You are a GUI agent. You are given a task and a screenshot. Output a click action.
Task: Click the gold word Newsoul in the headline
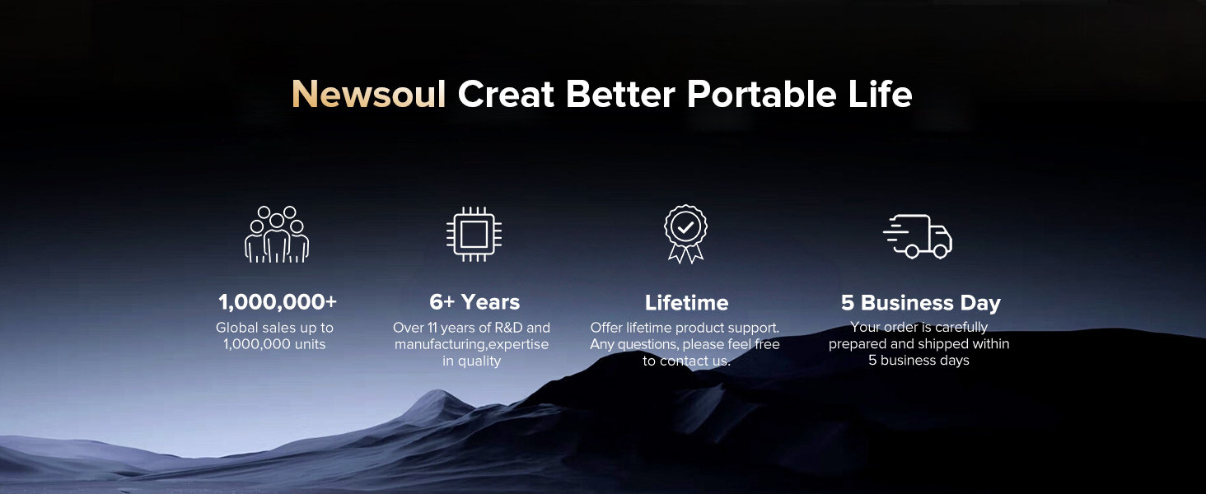tap(369, 95)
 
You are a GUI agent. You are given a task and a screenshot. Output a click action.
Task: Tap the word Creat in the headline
tap(506, 95)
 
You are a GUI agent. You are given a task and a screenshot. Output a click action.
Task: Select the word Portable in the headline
tap(761, 95)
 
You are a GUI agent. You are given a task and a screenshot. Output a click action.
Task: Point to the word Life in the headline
tap(881, 95)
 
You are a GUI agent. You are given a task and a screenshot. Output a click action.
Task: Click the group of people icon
tap(277, 234)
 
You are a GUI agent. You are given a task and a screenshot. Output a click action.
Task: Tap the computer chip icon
tap(474, 234)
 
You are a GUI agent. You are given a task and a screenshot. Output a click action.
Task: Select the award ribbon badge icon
tap(685, 234)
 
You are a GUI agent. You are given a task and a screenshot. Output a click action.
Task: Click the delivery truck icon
tap(918, 236)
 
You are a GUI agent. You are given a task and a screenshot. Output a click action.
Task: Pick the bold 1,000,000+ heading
tap(278, 302)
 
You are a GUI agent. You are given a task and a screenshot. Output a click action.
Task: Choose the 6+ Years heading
tap(474, 302)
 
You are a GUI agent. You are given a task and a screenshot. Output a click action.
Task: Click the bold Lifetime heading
tap(686, 302)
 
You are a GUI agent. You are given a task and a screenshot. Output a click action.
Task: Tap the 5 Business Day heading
tap(921, 303)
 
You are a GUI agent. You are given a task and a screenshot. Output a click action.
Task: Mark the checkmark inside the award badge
tap(685, 227)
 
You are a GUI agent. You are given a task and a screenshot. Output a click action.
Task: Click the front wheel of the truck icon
tap(940, 251)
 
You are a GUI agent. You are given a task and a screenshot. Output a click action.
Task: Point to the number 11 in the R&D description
tap(432, 328)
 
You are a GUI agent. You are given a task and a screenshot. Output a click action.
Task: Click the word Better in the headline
tap(620, 95)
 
